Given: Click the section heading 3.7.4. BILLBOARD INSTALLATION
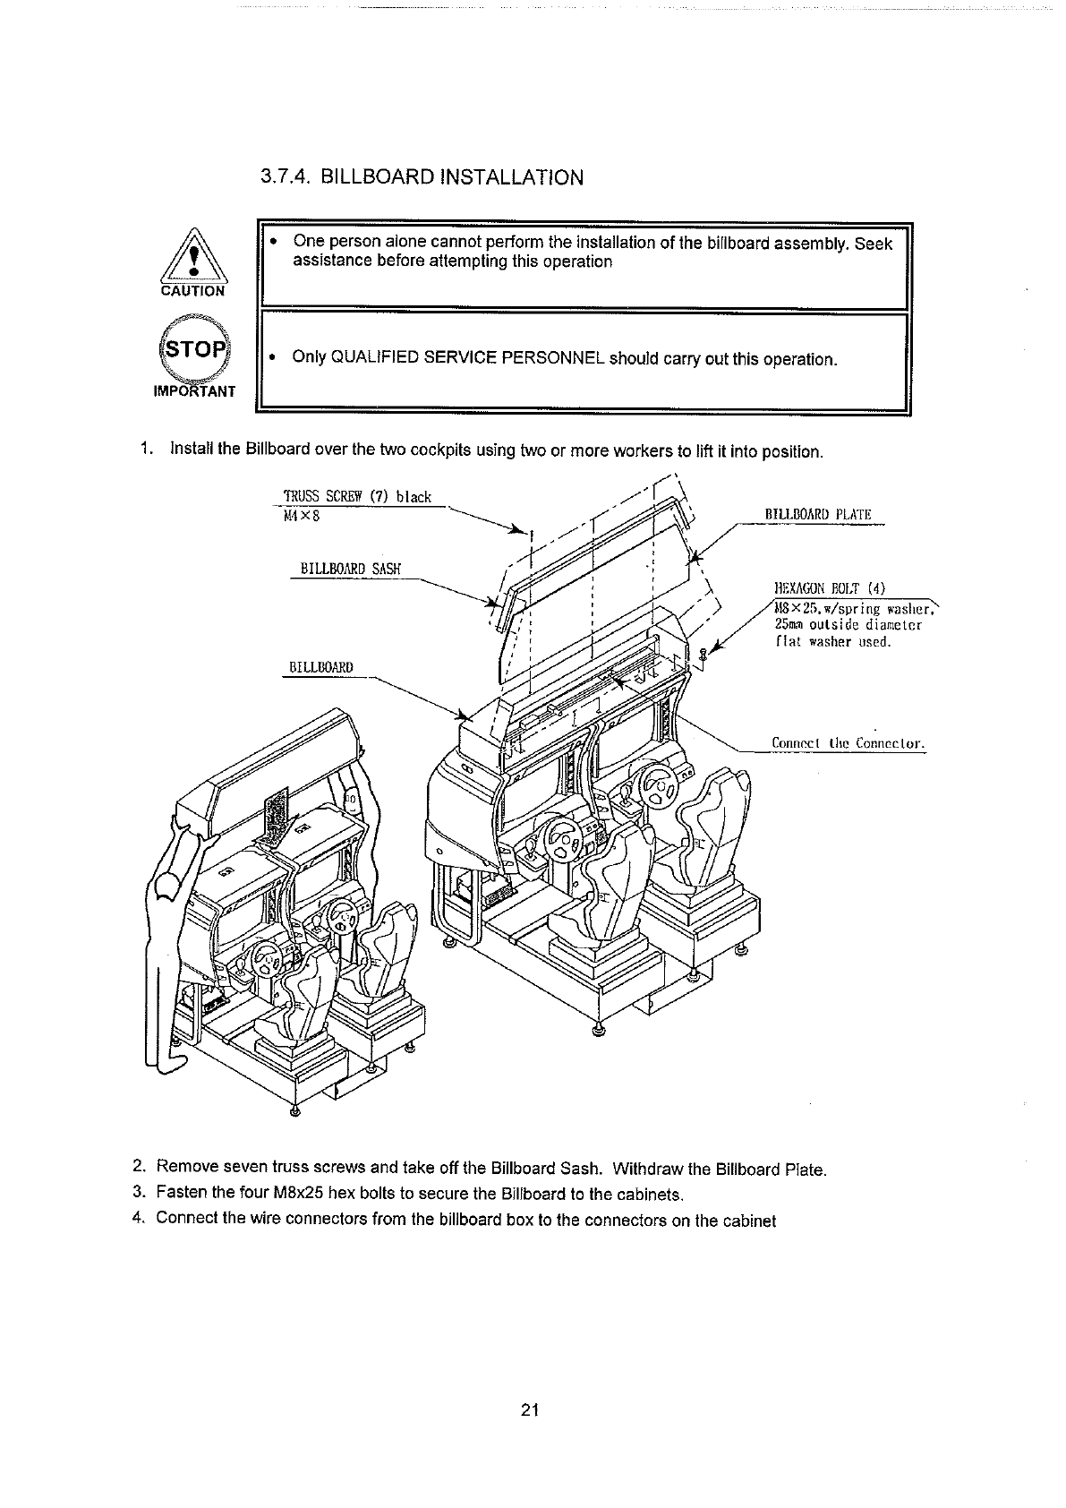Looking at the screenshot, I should [422, 176].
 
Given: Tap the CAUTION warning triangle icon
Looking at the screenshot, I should [193, 260].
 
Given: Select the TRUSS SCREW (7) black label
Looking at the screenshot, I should [356, 496].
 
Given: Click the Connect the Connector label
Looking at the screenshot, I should [847, 742].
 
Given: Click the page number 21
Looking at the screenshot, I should [528, 1411].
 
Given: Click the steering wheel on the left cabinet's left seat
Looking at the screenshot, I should [266, 962].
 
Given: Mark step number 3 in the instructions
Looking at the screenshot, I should [138, 1192].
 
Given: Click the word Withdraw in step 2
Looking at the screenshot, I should [652, 1169].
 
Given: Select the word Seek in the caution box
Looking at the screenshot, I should [874, 244].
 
